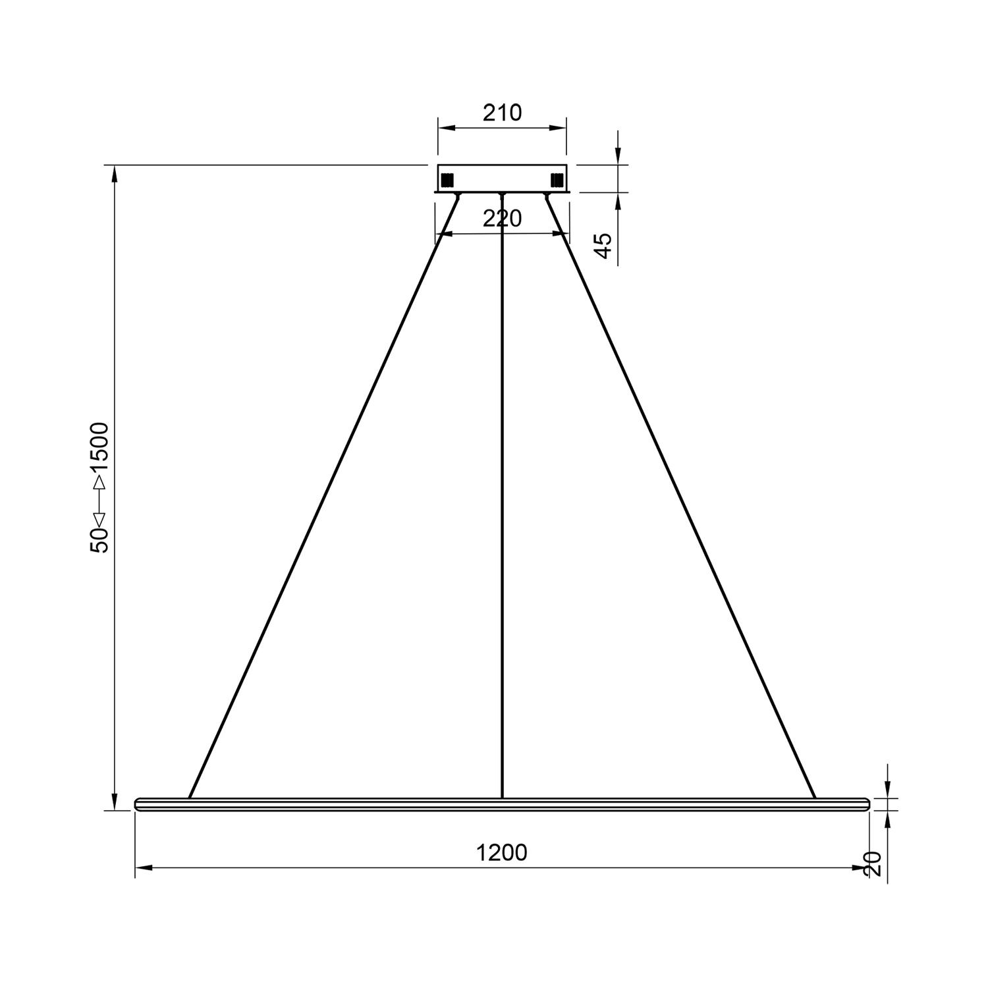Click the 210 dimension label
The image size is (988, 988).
(x=502, y=113)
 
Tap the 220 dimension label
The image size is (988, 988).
(x=502, y=219)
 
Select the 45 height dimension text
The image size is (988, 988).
(x=603, y=245)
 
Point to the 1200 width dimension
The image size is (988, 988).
(x=502, y=852)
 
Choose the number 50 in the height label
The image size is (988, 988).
(x=100, y=540)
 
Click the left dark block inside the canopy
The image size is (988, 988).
(x=448, y=179)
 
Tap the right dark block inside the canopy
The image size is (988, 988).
(x=557, y=179)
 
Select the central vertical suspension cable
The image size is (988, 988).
(x=503, y=494)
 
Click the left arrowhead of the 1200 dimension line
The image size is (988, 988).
(x=144, y=868)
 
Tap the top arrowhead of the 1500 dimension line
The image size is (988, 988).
(x=115, y=173)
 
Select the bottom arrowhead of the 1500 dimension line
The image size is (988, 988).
(x=115, y=802)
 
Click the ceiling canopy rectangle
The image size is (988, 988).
(x=502, y=178)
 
